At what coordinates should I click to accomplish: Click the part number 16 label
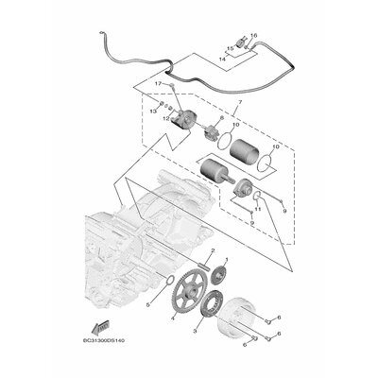tap(253, 35)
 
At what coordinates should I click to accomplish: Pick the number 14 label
tap(223, 59)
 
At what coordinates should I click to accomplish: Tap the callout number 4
tap(172, 319)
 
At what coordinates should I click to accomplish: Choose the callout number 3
tap(195, 333)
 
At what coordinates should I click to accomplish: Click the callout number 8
tap(196, 118)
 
